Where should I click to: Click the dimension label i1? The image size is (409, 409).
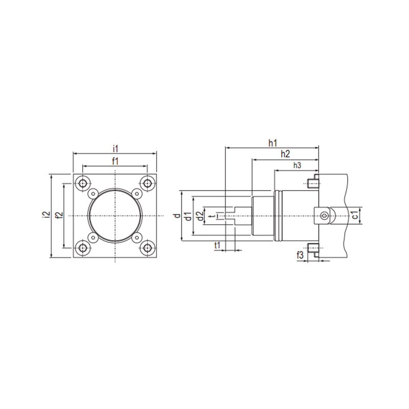tap(116, 148)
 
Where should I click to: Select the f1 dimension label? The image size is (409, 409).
tap(116, 161)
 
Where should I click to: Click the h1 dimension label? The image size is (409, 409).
tap(272, 143)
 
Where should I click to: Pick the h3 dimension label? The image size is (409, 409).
tap(297, 166)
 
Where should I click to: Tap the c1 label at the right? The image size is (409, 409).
tap(354, 216)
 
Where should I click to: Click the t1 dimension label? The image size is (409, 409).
tap(217, 246)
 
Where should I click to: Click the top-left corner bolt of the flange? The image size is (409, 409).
tap(83, 183)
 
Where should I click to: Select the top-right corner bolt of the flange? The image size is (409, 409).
tap(148, 183)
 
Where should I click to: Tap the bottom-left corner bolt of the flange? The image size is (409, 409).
tap(83, 248)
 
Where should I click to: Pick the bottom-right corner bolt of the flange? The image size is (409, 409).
tap(148, 248)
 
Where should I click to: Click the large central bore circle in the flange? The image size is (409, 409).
tap(116, 216)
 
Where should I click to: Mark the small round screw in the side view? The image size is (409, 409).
tap(324, 216)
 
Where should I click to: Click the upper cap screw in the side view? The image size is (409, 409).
tap(313, 182)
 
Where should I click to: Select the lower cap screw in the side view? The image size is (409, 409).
tap(313, 250)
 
